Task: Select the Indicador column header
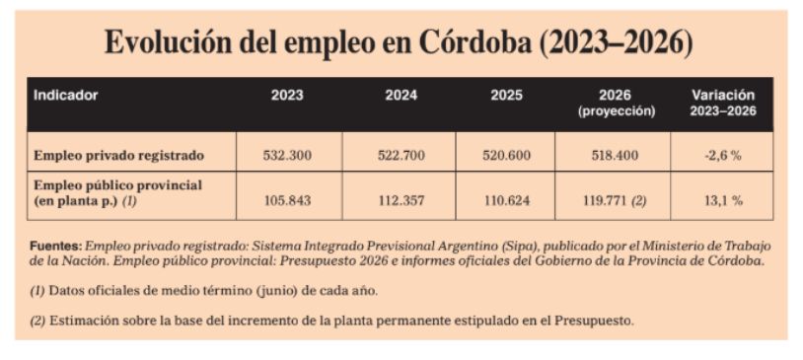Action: [66, 96]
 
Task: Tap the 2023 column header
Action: [288, 96]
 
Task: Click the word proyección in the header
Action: [617, 111]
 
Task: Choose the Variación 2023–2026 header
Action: [723, 103]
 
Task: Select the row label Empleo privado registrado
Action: [118, 155]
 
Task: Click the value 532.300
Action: [288, 155]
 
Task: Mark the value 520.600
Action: [507, 155]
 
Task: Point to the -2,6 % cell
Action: [723, 155]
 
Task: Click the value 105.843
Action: [288, 200]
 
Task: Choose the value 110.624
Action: [507, 200]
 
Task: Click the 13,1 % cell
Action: [723, 200]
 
